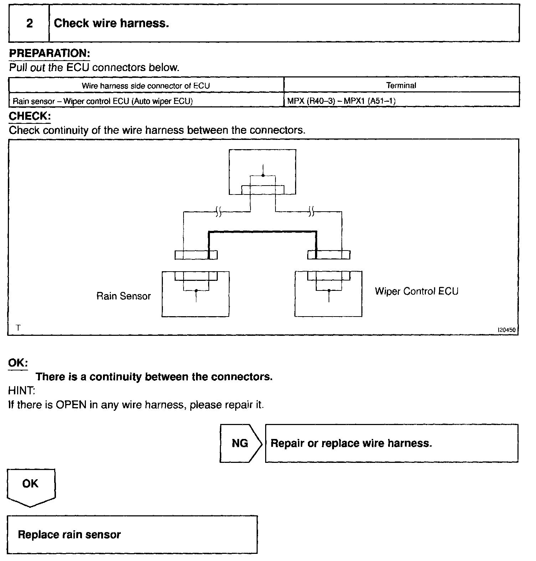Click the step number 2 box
29,24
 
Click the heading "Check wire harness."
111,24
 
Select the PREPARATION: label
49,54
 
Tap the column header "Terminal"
401,86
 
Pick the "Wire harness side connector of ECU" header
146,86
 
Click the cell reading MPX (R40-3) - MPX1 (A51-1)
341,101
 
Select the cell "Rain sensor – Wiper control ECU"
103,101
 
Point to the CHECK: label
30,116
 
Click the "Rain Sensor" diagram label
124,296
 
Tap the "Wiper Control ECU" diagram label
416,291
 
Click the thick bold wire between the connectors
262,232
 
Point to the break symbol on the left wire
218,213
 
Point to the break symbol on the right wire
311,213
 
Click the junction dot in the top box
263,176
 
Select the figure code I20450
506,330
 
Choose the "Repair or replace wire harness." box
391,443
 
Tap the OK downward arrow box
31,486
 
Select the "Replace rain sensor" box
132,535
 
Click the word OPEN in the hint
71,405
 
